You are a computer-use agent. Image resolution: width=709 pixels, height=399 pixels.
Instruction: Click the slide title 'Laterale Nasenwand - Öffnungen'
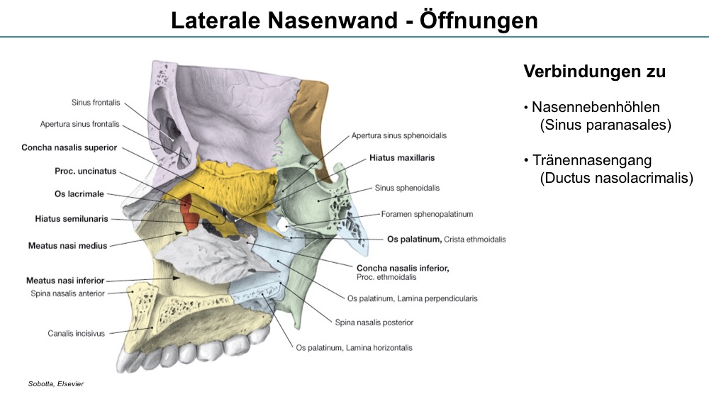(354, 21)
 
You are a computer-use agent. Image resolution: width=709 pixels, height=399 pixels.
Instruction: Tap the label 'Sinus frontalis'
(96, 103)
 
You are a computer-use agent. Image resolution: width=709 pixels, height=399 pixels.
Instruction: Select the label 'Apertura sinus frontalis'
(79, 124)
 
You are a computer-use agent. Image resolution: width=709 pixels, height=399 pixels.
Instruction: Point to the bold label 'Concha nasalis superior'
(69, 147)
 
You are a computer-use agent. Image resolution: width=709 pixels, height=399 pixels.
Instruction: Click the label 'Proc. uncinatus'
(86, 172)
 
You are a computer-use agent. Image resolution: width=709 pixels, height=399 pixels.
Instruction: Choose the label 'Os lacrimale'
(79, 194)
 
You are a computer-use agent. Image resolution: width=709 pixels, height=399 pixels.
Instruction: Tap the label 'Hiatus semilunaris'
(72, 219)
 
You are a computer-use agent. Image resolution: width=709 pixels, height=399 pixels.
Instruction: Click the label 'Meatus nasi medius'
(68, 246)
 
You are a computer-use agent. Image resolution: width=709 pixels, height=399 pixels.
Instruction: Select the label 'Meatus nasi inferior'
(65, 281)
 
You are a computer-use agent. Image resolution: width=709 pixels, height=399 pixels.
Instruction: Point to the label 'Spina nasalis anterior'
(67, 293)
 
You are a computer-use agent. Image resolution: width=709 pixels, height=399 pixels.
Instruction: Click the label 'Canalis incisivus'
(76, 334)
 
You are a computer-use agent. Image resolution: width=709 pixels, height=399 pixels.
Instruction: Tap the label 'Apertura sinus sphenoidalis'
(398, 135)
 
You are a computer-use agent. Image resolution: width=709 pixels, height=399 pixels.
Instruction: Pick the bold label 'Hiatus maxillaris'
(402, 158)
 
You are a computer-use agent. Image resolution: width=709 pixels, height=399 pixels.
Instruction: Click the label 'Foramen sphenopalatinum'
(427, 214)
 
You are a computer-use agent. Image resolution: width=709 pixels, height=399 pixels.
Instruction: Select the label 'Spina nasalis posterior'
(374, 322)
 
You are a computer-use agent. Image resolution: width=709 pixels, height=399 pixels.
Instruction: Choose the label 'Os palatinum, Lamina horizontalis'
(354, 348)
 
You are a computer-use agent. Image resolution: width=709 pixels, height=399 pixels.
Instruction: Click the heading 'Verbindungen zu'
(595, 72)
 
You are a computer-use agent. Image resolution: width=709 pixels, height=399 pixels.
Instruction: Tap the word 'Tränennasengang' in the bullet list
(592, 160)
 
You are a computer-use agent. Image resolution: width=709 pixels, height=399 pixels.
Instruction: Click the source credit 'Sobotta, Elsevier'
(55, 384)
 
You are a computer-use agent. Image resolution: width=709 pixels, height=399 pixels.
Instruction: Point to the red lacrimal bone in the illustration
(190, 211)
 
